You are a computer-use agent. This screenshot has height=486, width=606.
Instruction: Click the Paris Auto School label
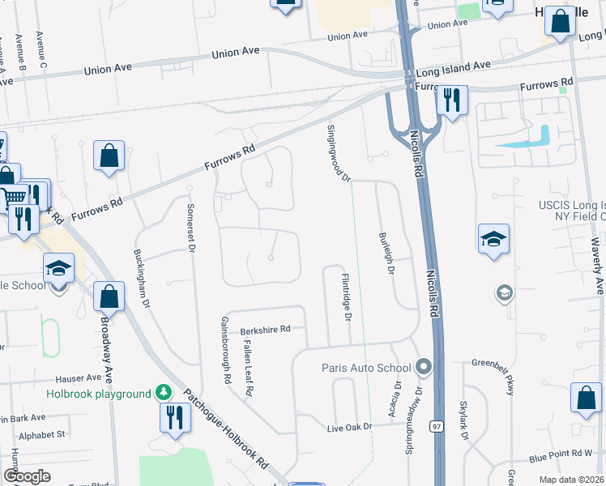(x=366, y=368)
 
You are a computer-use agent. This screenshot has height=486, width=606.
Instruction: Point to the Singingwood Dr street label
(x=338, y=153)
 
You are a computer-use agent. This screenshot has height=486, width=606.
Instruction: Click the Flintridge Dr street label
(x=346, y=296)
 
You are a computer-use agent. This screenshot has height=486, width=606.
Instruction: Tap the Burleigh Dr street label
(x=386, y=254)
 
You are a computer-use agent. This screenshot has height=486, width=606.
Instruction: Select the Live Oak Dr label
(x=349, y=427)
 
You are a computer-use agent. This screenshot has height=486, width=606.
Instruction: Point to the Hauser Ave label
(x=78, y=378)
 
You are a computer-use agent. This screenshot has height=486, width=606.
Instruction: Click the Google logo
(x=28, y=476)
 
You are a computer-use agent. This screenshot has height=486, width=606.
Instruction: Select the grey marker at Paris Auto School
(x=422, y=368)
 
